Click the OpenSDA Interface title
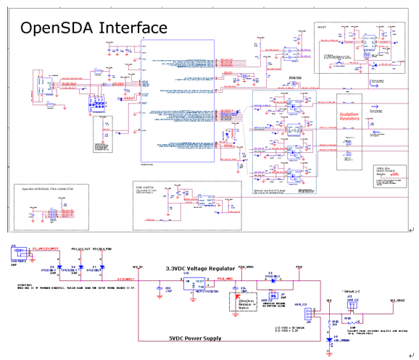pyautogui.click(x=94, y=28)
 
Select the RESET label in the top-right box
pyautogui.click(x=323, y=26)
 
